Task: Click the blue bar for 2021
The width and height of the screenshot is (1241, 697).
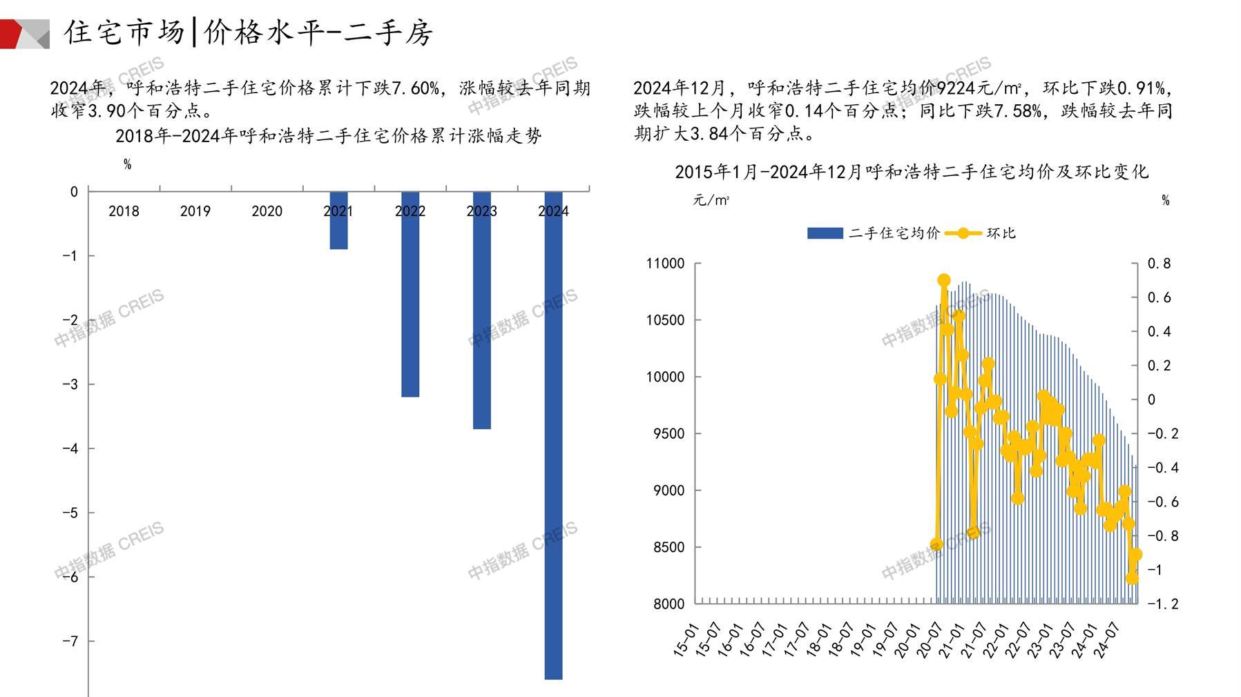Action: [x=338, y=221]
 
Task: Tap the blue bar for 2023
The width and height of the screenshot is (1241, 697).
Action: [x=481, y=311]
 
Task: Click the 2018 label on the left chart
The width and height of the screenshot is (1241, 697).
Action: [x=124, y=211]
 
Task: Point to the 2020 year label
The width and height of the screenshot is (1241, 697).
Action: [x=267, y=211]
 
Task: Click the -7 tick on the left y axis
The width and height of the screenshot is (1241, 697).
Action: [x=70, y=641]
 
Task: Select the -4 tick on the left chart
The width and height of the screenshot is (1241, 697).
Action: [x=70, y=449]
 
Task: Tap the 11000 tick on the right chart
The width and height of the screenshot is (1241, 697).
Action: [x=664, y=264]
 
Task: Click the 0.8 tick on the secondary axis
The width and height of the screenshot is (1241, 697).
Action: [x=1159, y=264]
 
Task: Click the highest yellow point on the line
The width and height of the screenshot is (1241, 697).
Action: [x=944, y=280]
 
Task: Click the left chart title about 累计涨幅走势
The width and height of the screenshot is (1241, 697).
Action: [x=328, y=136]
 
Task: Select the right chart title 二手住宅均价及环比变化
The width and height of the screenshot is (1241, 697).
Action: [x=911, y=172]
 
